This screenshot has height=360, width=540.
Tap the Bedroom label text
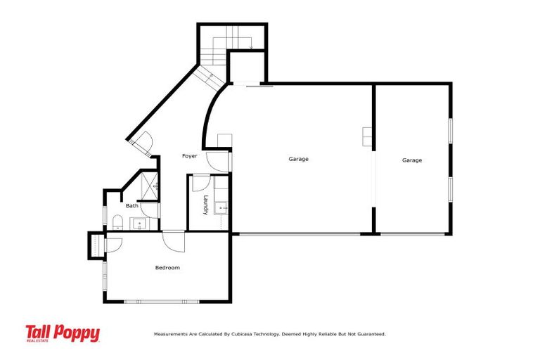click(x=167, y=267)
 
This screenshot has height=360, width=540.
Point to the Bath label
click(x=132, y=206)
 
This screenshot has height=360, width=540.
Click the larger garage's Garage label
click(x=298, y=159)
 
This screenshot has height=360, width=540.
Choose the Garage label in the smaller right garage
click(x=412, y=160)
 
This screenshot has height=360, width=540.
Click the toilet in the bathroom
click(x=117, y=224)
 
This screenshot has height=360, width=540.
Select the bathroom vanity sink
click(x=139, y=224)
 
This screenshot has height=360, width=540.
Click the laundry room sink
click(x=221, y=207)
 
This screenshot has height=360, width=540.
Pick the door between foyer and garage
click(x=229, y=160)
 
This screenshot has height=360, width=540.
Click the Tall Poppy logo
click(x=63, y=333)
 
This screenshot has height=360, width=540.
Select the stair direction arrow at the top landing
click(x=250, y=47)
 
